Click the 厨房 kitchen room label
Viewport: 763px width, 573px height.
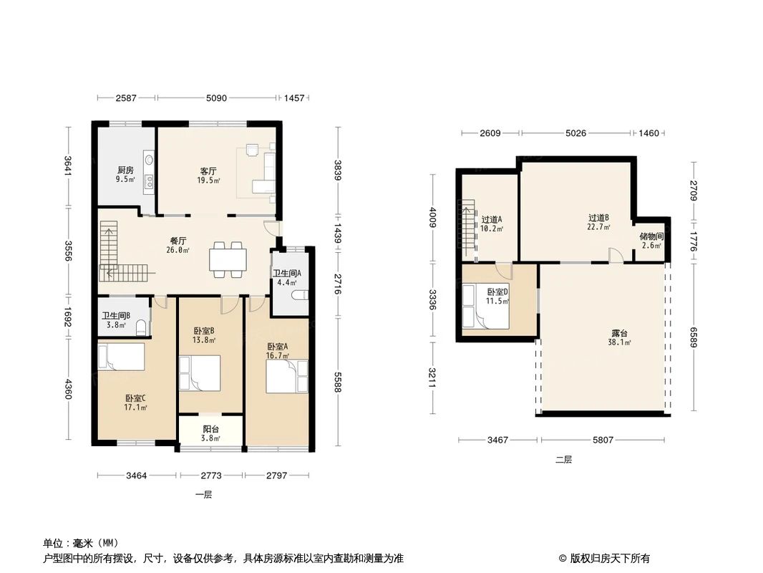point(125,170)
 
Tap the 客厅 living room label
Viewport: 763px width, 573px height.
point(208,171)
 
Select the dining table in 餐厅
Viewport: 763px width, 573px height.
point(228,259)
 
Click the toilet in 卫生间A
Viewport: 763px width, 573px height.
point(299,295)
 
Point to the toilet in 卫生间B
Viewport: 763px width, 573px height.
point(142,327)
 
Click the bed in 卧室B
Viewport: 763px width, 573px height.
point(200,373)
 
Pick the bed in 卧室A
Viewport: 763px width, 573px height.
point(286,376)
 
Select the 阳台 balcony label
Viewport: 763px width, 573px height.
point(210,429)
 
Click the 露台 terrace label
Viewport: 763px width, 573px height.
point(619,334)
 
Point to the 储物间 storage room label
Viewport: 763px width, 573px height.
point(651,236)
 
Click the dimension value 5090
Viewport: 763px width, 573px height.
point(216,98)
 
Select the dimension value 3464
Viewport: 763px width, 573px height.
point(136,475)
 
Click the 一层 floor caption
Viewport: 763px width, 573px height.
point(203,495)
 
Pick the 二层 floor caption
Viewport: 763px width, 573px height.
point(563,459)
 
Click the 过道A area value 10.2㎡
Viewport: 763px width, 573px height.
point(492,228)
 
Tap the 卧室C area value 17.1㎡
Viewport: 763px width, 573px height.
point(135,407)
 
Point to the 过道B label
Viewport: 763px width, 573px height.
point(598,218)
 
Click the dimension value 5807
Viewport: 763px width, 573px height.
point(603,440)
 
